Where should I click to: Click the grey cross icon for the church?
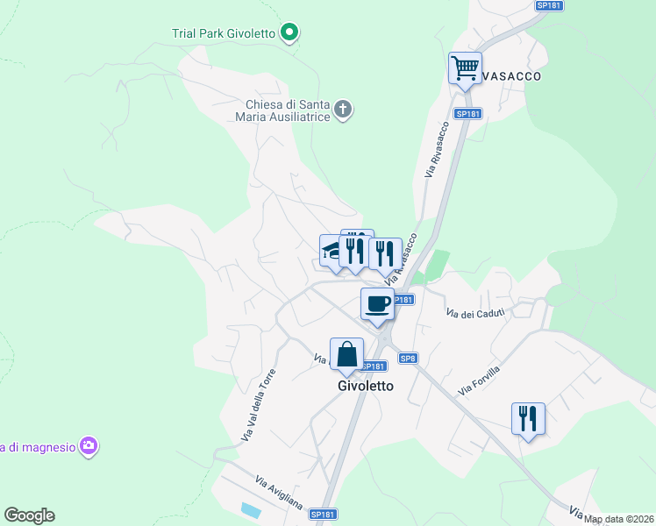[343, 110]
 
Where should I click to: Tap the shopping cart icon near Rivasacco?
[465, 68]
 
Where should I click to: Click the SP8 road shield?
[408, 358]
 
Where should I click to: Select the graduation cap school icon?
[332, 251]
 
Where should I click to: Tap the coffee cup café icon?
[378, 304]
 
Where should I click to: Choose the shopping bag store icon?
[347, 355]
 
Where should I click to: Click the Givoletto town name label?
[366, 385]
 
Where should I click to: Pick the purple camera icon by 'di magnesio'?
[88, 447]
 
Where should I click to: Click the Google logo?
[29, 515]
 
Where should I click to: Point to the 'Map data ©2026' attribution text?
[619, 519]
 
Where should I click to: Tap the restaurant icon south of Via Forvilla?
[528, 418]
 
